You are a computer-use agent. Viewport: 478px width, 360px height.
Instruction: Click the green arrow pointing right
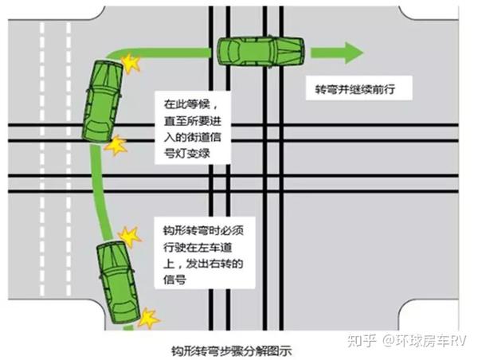(337, 53)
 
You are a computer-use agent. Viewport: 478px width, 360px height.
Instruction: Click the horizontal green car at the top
(261, 51)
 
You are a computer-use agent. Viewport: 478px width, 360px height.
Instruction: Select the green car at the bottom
(119, 282)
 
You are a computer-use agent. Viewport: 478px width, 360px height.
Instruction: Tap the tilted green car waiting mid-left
(103, 101)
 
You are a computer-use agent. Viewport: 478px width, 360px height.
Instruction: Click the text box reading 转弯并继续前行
(358, 88)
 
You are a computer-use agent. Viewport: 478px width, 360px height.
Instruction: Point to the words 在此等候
(186, 104)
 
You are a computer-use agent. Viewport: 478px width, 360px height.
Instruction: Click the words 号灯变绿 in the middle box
(187, 154)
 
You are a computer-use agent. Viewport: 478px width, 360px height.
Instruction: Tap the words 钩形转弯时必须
(203, 231)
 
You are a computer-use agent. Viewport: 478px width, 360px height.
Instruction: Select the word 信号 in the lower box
(174, 279)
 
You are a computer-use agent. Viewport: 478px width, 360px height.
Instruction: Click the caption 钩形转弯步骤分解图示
(232, 351)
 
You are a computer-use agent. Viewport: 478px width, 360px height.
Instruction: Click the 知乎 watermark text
(362, 340)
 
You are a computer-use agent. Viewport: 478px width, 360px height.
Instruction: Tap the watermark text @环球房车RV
(425, 340)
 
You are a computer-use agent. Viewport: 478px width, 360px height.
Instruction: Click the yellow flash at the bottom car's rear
(148, 319)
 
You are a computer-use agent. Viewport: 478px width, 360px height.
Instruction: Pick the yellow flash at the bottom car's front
(130, 237)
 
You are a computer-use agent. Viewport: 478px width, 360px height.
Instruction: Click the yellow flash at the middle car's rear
(116, 146)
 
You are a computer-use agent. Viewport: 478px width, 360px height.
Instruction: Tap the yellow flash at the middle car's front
(131, 64)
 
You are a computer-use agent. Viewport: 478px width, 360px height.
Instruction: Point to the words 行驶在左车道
(198, 247)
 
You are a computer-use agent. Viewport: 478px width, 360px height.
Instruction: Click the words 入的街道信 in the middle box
(192, 137)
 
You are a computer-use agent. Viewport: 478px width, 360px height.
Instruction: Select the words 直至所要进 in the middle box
(192, 121)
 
